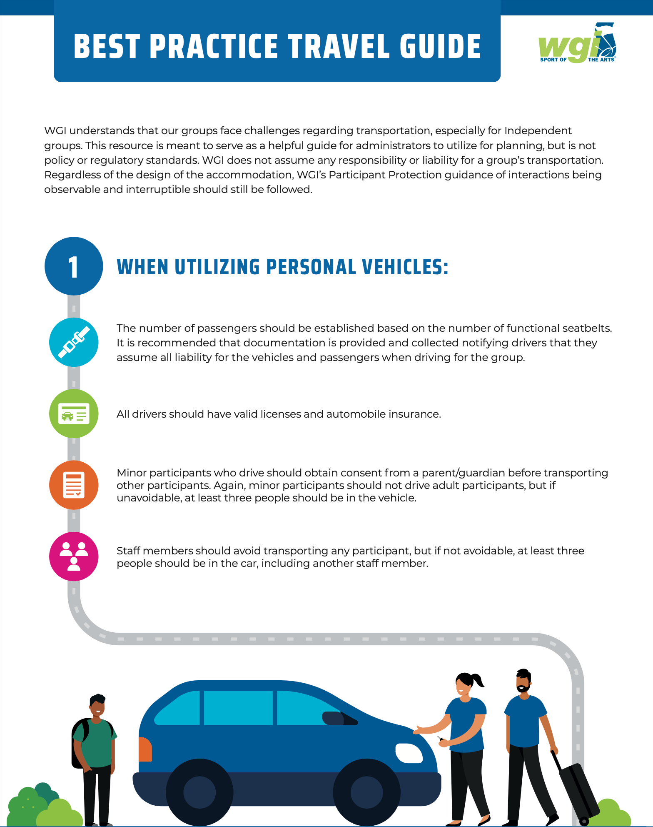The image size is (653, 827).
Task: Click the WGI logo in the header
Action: pos(577,43)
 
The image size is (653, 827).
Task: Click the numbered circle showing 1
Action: pos(74,266)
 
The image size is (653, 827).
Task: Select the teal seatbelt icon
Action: pos(74,342)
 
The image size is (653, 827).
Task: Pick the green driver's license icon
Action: pos(74,413)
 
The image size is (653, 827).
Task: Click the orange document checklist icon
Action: pos(74,485)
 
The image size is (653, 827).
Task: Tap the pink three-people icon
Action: pos(74,556)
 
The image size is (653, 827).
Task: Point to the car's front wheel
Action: pos(366,792)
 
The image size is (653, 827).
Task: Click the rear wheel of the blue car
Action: pos(199,792)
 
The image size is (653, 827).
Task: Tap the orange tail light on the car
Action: pos(145,749)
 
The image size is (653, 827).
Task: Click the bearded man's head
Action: pos(523,681)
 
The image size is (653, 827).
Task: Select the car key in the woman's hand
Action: pos(441,739)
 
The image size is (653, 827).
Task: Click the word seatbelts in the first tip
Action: pos(587,328)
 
